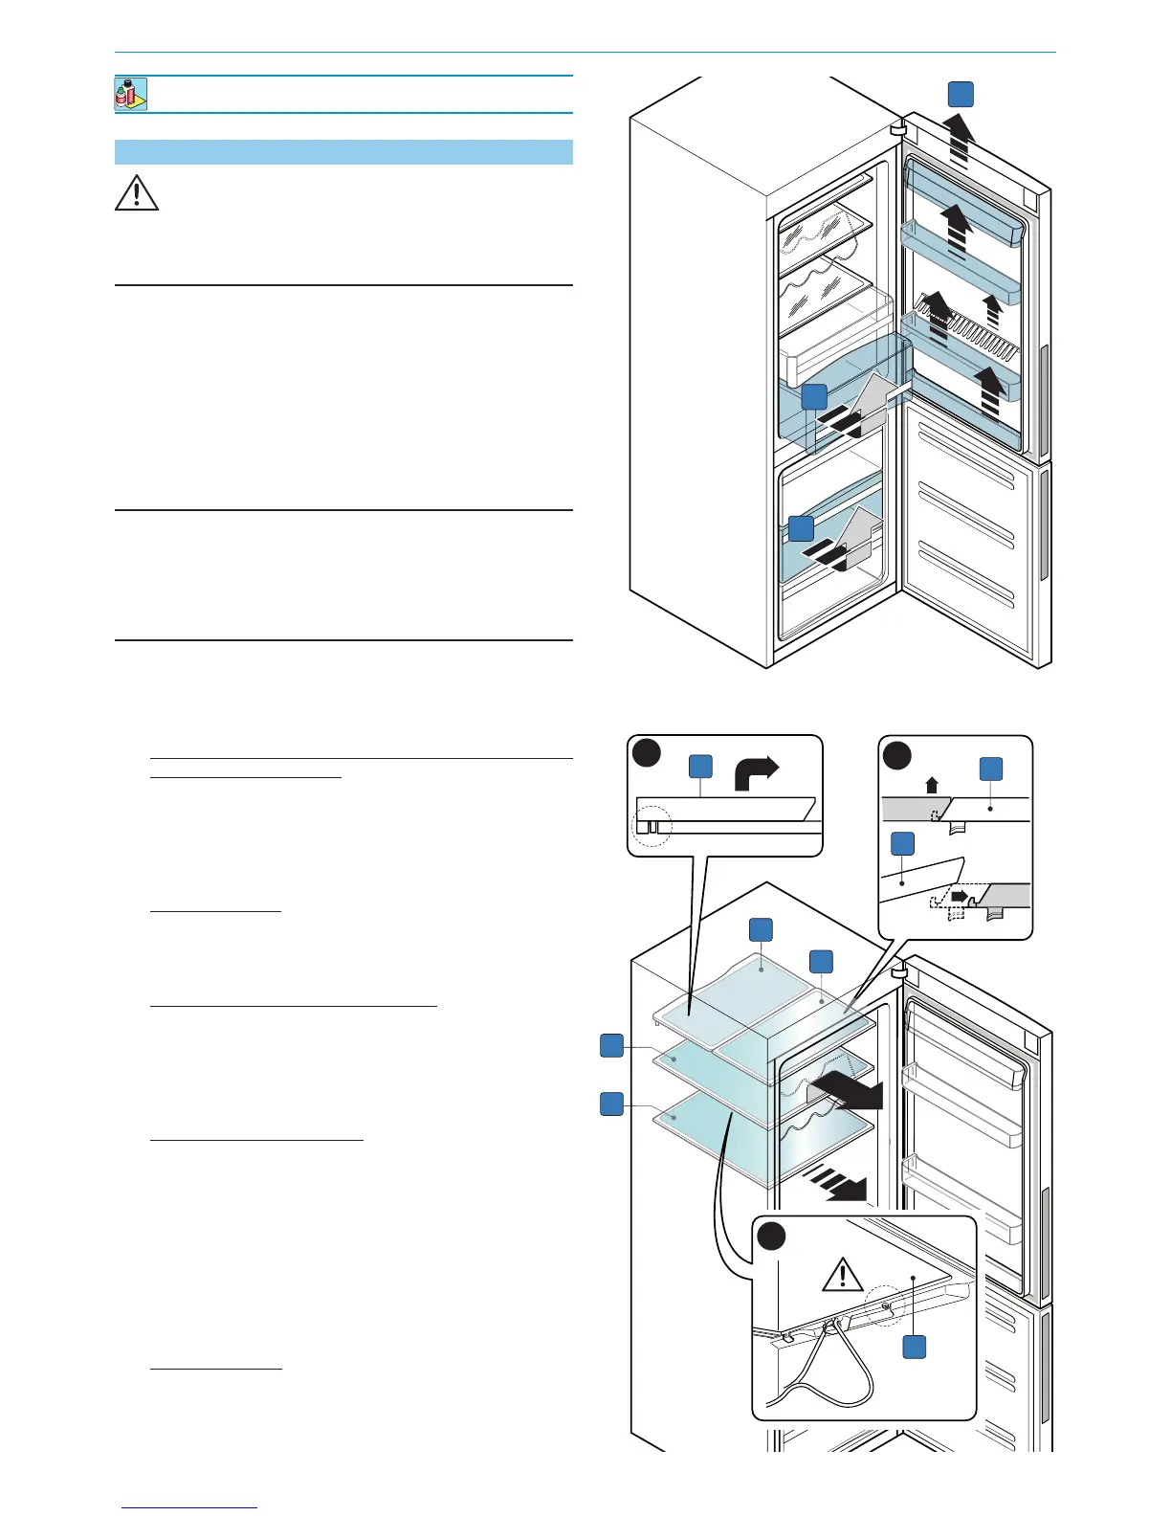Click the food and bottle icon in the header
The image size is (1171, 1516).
[x=131, y=94]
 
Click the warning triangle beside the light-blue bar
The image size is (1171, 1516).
[x=137, y=193]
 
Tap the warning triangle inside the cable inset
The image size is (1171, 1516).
[x=842, y=1275]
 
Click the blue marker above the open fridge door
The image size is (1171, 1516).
[x=961, y=94]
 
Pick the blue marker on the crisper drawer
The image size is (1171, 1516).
[x=814, y=397]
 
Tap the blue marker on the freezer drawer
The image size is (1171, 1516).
[x=801, y=528]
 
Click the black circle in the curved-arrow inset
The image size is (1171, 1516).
[x=646, y=753]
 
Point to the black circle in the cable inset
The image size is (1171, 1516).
[x=771, y=1237]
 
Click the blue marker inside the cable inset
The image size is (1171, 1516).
[x=915, y=1347]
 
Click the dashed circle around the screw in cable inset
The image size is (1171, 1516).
[x=885, y=1305]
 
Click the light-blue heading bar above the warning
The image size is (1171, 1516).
[x=343, y=152]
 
